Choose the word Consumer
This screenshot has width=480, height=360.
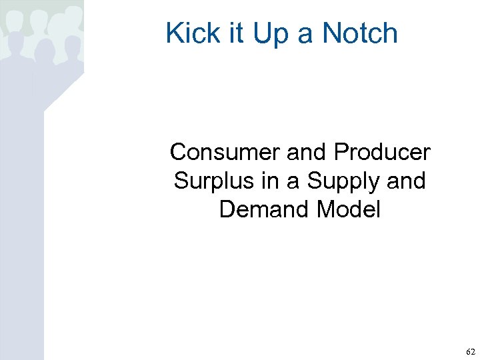click(x=225, y=152)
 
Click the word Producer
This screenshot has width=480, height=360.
click(x=382, y=152)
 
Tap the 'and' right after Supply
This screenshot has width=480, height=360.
click(x=406, y=181)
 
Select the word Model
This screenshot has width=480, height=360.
click(x=349, y=209)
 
